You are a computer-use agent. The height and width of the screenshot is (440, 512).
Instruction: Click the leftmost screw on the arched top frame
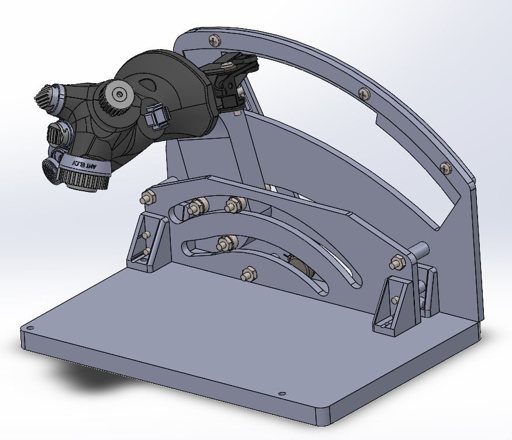click(214, 40)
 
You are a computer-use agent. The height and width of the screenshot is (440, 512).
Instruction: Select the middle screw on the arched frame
click(363, 92)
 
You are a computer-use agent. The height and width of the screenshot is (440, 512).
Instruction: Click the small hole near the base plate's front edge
click(281, 393)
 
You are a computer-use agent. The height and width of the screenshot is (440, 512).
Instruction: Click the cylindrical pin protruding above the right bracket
click(422, 248)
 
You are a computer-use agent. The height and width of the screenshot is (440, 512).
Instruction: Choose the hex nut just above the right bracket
click(397, 263)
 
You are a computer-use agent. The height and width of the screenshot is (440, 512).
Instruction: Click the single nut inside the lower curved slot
click(224, 243)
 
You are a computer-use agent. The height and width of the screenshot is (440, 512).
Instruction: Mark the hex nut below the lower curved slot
click(248, 273)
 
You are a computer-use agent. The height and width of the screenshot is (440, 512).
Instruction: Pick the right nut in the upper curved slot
click(235, 205)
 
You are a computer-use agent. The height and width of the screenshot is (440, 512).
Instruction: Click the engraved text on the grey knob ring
click(83, 165)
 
